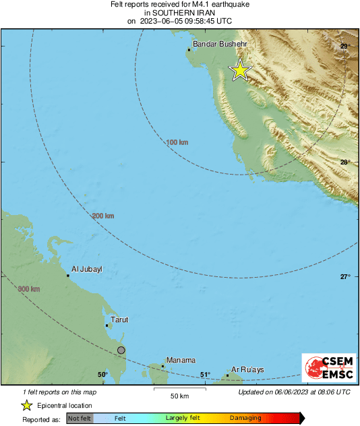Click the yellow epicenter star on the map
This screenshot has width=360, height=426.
(x=240, y=70)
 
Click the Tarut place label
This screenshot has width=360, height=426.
(x=119, y=319)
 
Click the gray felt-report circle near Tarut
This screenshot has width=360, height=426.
(x=121, y=350)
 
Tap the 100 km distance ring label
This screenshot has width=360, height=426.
(x=177, y=142)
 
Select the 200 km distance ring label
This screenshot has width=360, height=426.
(x=103, y=216)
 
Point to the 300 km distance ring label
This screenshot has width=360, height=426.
(x=29, y=288)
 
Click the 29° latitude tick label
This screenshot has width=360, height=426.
(x=344, y=46)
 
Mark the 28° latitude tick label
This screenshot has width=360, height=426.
(x=344, y=162)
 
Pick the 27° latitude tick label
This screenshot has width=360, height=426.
(x=344, y=277)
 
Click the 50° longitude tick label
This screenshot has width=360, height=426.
(x=102, y=375)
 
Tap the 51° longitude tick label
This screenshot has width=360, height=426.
(x=205, y=375)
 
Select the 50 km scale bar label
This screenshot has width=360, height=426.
(x=179, y=396)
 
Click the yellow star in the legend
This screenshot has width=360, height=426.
(x=26, y=405)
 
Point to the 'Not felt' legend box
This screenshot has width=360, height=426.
(x=80, y=419)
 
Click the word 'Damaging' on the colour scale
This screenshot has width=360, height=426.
(x=245, y=419)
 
